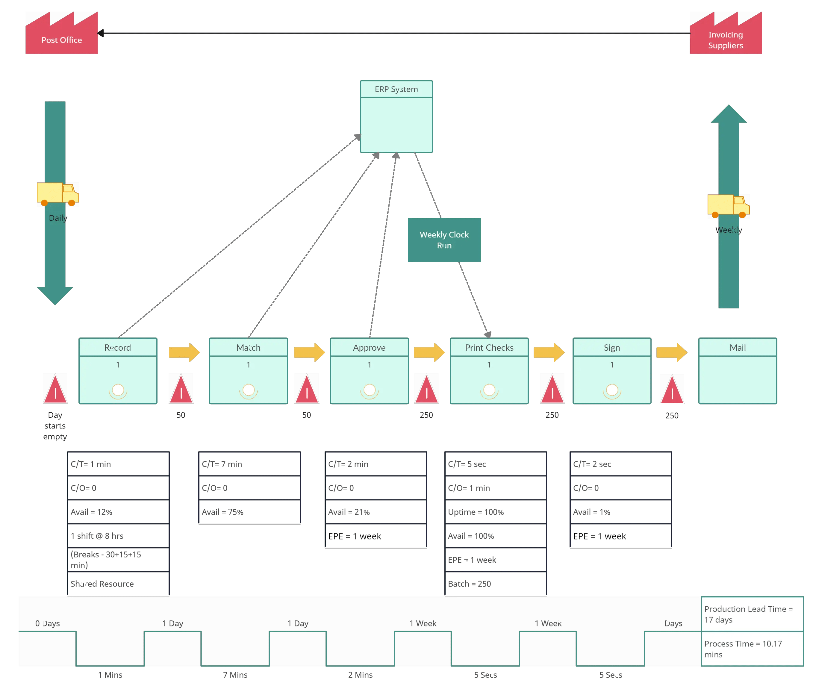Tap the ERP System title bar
pos(396,89)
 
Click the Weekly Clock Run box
pos(444,240)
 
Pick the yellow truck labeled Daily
pos(58,194)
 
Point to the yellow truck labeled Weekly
pos(729,206)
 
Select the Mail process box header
pos(738,348)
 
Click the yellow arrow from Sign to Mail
pos(672,352)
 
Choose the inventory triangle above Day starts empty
pos(55,389)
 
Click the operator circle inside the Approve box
pos(369,390)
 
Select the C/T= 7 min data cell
pos(249,464)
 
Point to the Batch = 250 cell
pos(496,584)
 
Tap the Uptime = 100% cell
pos(496,512)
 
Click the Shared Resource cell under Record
pos(118,584)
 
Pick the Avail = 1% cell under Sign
pos(621,512)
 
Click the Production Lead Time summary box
pos(752,614)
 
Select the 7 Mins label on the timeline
pos(235,675)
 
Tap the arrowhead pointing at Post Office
pos(100,33)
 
